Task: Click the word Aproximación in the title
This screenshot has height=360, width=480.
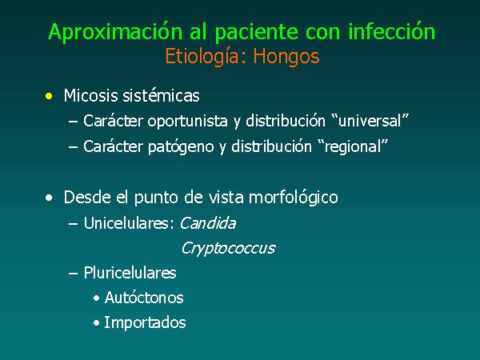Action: (115, 33)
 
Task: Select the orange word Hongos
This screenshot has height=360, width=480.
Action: (286, 58)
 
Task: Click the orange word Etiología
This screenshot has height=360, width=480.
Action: (206, 58)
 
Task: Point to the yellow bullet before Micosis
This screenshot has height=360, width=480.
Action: (49, 96)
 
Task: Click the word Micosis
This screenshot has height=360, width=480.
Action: (90, 95)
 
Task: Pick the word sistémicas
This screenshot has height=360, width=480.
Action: (161, 95)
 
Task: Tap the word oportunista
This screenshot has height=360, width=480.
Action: (187, 122)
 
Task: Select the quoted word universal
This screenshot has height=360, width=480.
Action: (370, 121)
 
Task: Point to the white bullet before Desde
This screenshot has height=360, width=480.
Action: (49, 198)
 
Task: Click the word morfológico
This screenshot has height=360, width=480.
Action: (294, 198)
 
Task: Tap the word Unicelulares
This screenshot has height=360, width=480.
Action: (126, 223)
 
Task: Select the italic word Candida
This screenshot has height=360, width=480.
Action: (208, 223)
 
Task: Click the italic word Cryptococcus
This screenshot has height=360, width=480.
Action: (228, 248)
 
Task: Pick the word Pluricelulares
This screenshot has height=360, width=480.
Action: (130, 273)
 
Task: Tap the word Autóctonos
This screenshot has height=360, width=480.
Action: (144, 298)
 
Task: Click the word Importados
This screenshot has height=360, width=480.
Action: (145, 322)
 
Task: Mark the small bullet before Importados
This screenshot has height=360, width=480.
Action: (97, 323)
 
